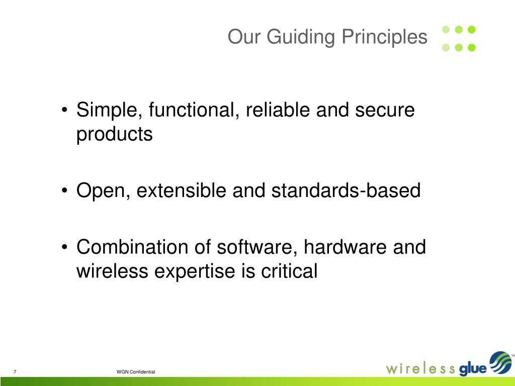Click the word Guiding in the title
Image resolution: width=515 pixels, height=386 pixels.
[x=301, y=37]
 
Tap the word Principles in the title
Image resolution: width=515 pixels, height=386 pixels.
[x=384, y=37]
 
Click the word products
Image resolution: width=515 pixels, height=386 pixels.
[x=115, y=135]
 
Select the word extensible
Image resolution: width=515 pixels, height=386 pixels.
[x=181, y=190]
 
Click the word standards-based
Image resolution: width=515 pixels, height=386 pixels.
[x=346, y=190]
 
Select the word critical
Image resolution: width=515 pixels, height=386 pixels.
[x=289, y=271]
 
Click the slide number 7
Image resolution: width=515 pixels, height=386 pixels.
[x=15, y=371]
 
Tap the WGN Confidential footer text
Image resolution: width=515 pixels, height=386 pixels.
[x=136, y=372]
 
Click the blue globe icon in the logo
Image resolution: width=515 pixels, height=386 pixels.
[x=500, y=363]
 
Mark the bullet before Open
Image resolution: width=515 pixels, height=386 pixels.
[x=65, y=190]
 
